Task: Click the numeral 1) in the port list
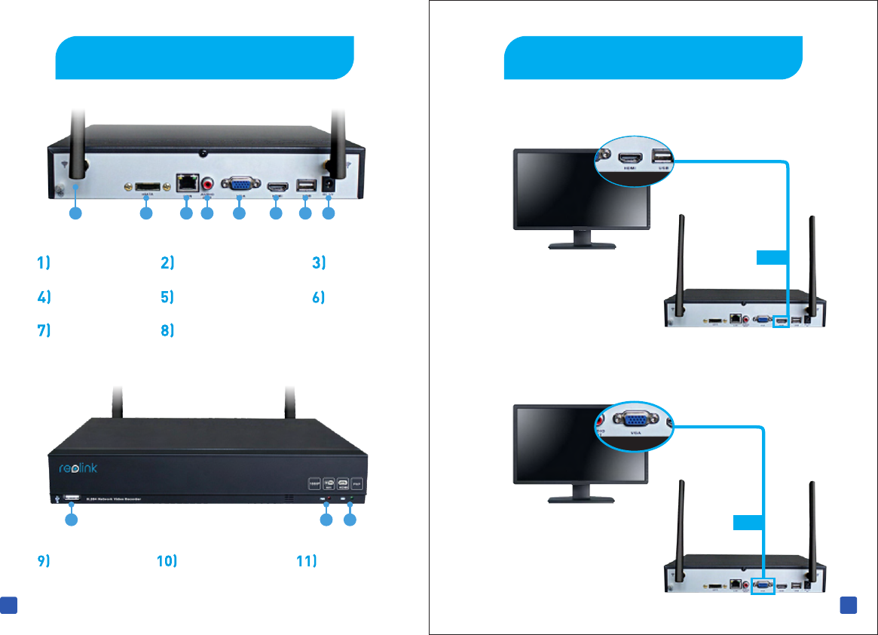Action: [44, 263]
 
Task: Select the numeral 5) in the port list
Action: [167, 297]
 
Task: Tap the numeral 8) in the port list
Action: [167, 330]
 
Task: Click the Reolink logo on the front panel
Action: [78, 468]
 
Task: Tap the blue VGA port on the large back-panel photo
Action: [240, 185]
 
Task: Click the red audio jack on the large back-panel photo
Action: [206, 183]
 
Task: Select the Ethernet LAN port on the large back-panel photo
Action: [185, 182]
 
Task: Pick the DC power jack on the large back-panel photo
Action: [328, 185]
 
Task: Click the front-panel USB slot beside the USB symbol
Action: [72, 498]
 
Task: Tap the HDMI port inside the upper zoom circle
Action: [629, 158]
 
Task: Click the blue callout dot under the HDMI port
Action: [276, 214]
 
